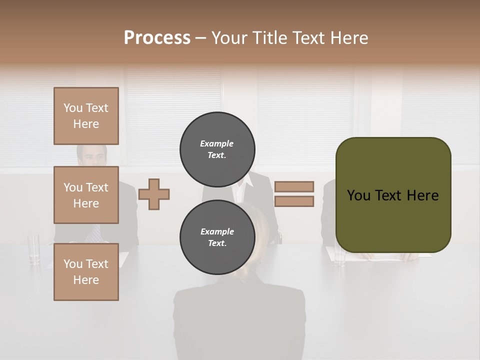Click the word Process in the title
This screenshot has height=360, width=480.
coord(157,38)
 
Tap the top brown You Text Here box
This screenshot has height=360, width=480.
coord(86,116)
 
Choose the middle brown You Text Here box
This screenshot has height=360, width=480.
coord(86,195)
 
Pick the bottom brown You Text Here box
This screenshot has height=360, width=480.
coord(86,272)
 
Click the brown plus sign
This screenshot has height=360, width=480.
coord(154,194)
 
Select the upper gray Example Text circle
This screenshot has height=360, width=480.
coord(217,149)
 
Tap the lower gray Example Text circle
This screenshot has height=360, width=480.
coord(217,237)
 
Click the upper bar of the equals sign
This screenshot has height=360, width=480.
coord(294,186)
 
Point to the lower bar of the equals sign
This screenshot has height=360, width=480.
coord(294,201)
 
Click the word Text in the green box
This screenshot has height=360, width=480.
coord(393,195)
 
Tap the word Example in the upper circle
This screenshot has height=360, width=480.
coord(217,143)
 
